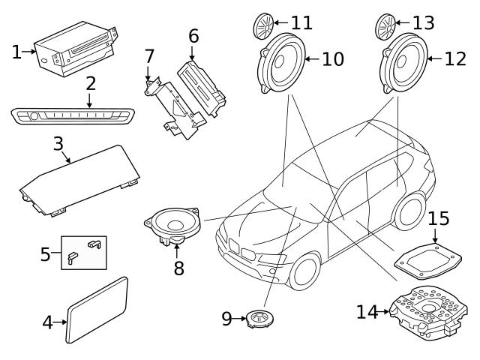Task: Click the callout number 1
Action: (x=16, y=52)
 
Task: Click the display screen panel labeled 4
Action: (x=97, y=309)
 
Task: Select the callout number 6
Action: (x=193, y=34)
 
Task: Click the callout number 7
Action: (x=149, y=55)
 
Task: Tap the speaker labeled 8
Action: (x=174, y=224)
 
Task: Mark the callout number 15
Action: (x=439, y=219)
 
